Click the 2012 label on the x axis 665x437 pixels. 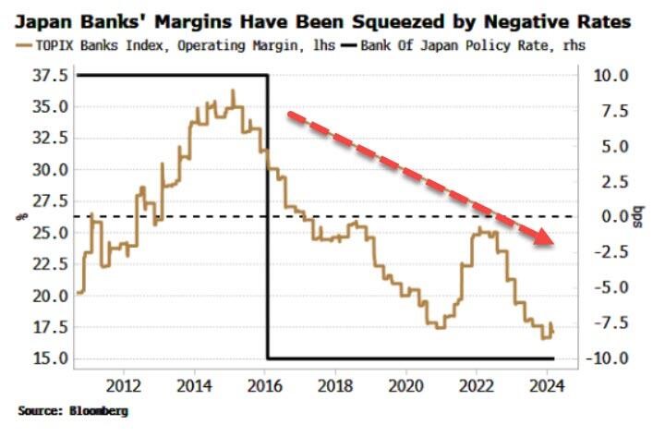click(125, 385)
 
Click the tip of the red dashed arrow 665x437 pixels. click(554, 245)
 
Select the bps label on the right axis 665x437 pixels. click(636, 217)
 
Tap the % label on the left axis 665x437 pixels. click(17, 217)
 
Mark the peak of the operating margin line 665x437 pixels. click(233, 91)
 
